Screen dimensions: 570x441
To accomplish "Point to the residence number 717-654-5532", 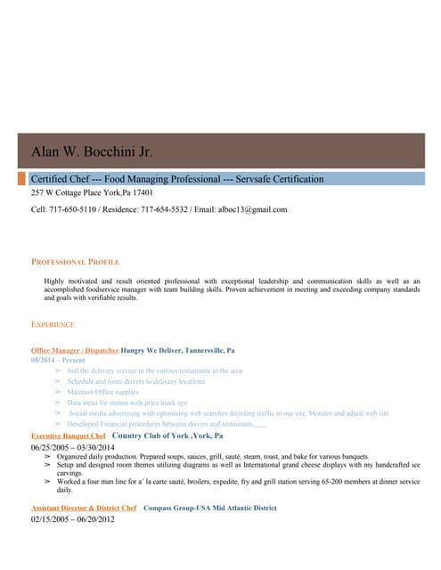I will point(164,209).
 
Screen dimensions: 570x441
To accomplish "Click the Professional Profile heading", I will point(75,262).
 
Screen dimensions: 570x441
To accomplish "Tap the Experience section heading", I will point(53,324).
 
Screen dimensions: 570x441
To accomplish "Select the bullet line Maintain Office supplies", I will point(103,392).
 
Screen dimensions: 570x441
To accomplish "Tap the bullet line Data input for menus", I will point(127,403).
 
